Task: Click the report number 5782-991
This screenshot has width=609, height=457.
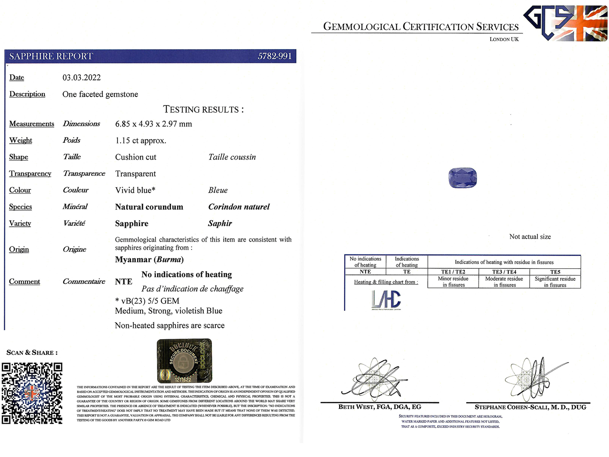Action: click(x=274, y=56)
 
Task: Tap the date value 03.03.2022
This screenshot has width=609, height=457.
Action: click(x=82, y=78)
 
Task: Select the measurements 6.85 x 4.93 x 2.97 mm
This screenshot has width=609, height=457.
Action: click(x=154, y=124)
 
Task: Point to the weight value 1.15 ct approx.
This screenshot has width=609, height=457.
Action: click(x=141, y=140)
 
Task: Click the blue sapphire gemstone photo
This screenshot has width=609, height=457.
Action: click(x=462, y=178)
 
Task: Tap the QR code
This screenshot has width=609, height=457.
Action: click(x=32, y=393)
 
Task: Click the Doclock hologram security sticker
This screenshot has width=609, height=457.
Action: click(x=184, y=361)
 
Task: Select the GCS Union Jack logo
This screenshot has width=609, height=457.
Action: click(x=565, y=23)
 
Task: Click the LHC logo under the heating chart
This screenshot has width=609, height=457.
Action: click(x=386, y=300)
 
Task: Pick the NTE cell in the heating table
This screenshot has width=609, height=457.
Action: click(x=365, y=272)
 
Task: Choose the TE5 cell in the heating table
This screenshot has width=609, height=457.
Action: click(x=555, y=272)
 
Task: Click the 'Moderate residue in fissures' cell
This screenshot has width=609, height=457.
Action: click(x=504, y=282)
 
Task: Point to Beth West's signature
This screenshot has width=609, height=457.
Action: click(x=374, y=379)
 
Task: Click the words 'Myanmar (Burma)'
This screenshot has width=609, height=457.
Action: click(x=149, y=260)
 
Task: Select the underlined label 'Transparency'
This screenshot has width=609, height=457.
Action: click(x=30, y=174)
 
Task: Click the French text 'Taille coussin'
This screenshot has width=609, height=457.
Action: click(x=232, y=157)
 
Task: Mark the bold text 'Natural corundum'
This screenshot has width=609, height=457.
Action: click(x=149, y=207)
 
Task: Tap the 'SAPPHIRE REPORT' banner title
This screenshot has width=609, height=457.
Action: click(x=51, y=56)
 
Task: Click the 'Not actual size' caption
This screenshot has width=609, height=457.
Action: click(x=530, y=237)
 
